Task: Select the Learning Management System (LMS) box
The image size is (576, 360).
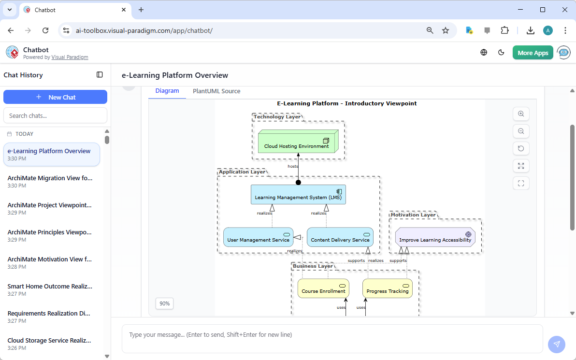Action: (298, 195)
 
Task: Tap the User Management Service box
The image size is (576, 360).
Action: (258, 237)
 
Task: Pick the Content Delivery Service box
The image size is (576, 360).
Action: (340, 237)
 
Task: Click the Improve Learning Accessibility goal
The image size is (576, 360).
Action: (435, 238)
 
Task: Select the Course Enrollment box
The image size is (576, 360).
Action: (323, 288)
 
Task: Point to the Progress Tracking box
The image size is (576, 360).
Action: (387, 288)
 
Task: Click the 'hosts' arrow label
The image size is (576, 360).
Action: (293, 166)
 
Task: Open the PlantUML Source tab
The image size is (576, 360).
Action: (216, 91)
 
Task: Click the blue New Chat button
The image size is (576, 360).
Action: (55, 97)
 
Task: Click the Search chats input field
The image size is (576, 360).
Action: (55, 115)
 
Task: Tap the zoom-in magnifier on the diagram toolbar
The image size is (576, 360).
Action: (521, 114)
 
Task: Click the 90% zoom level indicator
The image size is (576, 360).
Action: (165, 303)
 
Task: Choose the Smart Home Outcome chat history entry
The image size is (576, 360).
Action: (50, 290)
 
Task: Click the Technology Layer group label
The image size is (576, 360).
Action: (276, 117)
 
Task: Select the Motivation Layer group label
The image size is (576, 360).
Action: (413, 215)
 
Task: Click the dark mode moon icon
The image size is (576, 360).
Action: (501, 53)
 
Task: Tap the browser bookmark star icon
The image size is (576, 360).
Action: (446, 30)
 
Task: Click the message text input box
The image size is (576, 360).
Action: (332, 338)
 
